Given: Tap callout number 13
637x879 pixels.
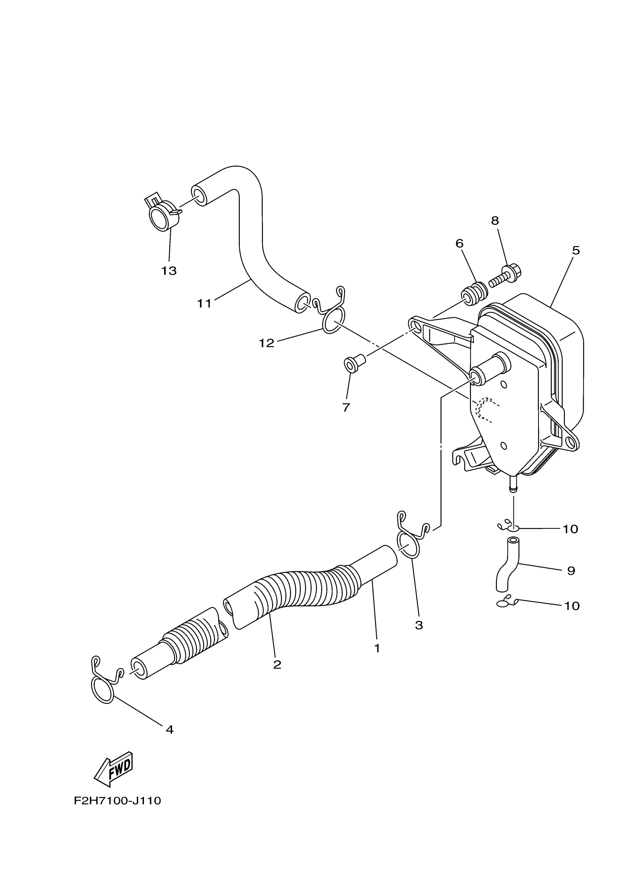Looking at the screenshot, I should [x=169, y=270].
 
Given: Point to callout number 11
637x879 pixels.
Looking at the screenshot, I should [x=204, y=303].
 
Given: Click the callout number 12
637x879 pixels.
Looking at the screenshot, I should [x=266, y=343].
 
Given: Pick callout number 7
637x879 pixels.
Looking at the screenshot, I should [x=346, y=407].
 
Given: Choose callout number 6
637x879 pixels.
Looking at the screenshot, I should [x=459, y=243].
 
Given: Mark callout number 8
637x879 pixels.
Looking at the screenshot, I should [x=495, y=221].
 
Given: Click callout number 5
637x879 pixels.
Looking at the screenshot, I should [x=576, y=251].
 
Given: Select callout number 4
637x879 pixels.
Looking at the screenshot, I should [x=169, y=730].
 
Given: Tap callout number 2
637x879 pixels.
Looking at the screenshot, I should [x=277, y=665].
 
